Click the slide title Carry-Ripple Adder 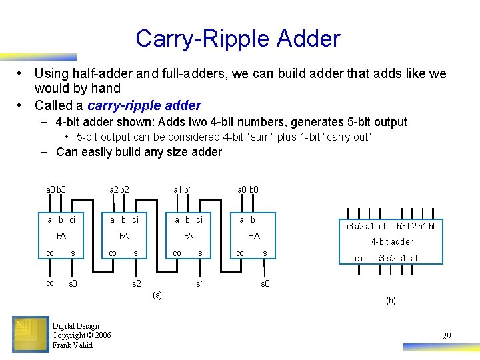tap(238, 39)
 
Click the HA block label tap(253, 237)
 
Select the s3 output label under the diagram tap(73, 284)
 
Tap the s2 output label tap(136, 284)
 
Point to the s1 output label tap(200, 284)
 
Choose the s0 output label tap(265, 284)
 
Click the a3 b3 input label tap(56, 189)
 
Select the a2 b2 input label tap(119, 189)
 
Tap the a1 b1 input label tap(183, 189)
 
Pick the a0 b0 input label tap(249, 189)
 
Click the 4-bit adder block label tap(392, 242)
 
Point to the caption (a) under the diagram tap(157, 295)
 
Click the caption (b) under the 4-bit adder tap(391, 301)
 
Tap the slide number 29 tap(446, 337)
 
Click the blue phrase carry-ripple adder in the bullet tap(144, 105)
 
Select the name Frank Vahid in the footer tap(73, 345)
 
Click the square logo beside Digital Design tap(31, 334)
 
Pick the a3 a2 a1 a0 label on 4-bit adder tap(364, 227)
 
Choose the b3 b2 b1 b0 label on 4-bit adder tap(417, 227)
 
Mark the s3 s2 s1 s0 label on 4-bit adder tap(397, 258)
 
